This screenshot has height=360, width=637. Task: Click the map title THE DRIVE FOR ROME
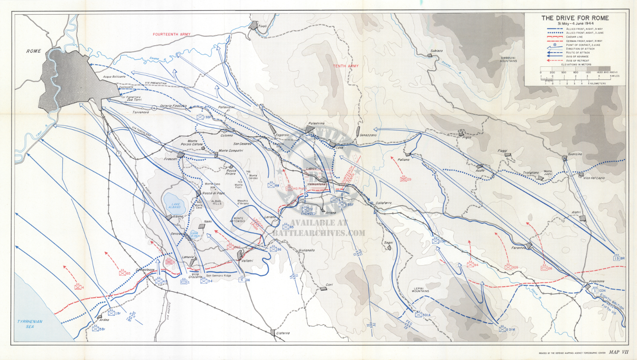pyautogui.click(x=575, y=18)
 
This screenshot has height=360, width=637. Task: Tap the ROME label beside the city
pyautogui.click(x=34, y=51)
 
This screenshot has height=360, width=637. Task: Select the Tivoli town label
pyautogui.click(x=263, y=26)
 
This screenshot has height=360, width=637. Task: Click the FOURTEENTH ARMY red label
pyautogui.click(x=172, y=34)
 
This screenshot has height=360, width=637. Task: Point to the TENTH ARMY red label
pyautogui.click(x=345, y=66)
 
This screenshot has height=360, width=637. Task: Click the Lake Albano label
pyautogui.click(x=175, y=205)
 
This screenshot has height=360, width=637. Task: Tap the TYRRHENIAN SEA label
pyautogui.click(x=30, y=324)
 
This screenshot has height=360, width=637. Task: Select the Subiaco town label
pyautogui.click(x=436, y=51)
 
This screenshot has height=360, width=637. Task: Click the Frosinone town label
pyautogui.click(x=596, y=281)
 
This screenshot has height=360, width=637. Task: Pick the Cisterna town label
pyautogui.click(x=283, y=333)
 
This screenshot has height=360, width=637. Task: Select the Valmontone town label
pyautogui.click(x=316, y=184)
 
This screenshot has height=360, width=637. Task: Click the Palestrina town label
pyautogui.click(x=316, y=124)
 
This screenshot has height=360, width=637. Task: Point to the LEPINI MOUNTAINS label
pyautogui.click(x=420, y=289)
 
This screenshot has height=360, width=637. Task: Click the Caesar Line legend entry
pyautogui.click(x=575, y=37)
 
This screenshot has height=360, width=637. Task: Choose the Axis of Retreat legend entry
pyautogui.click(x=578, y=61)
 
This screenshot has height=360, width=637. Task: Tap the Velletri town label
pyautogui.click(x=247, y=261)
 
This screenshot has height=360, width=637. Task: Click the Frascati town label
pyautogui.click(x=171, y=159)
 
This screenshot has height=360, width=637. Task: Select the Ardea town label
pyautogui.click(x=104, y=320)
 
